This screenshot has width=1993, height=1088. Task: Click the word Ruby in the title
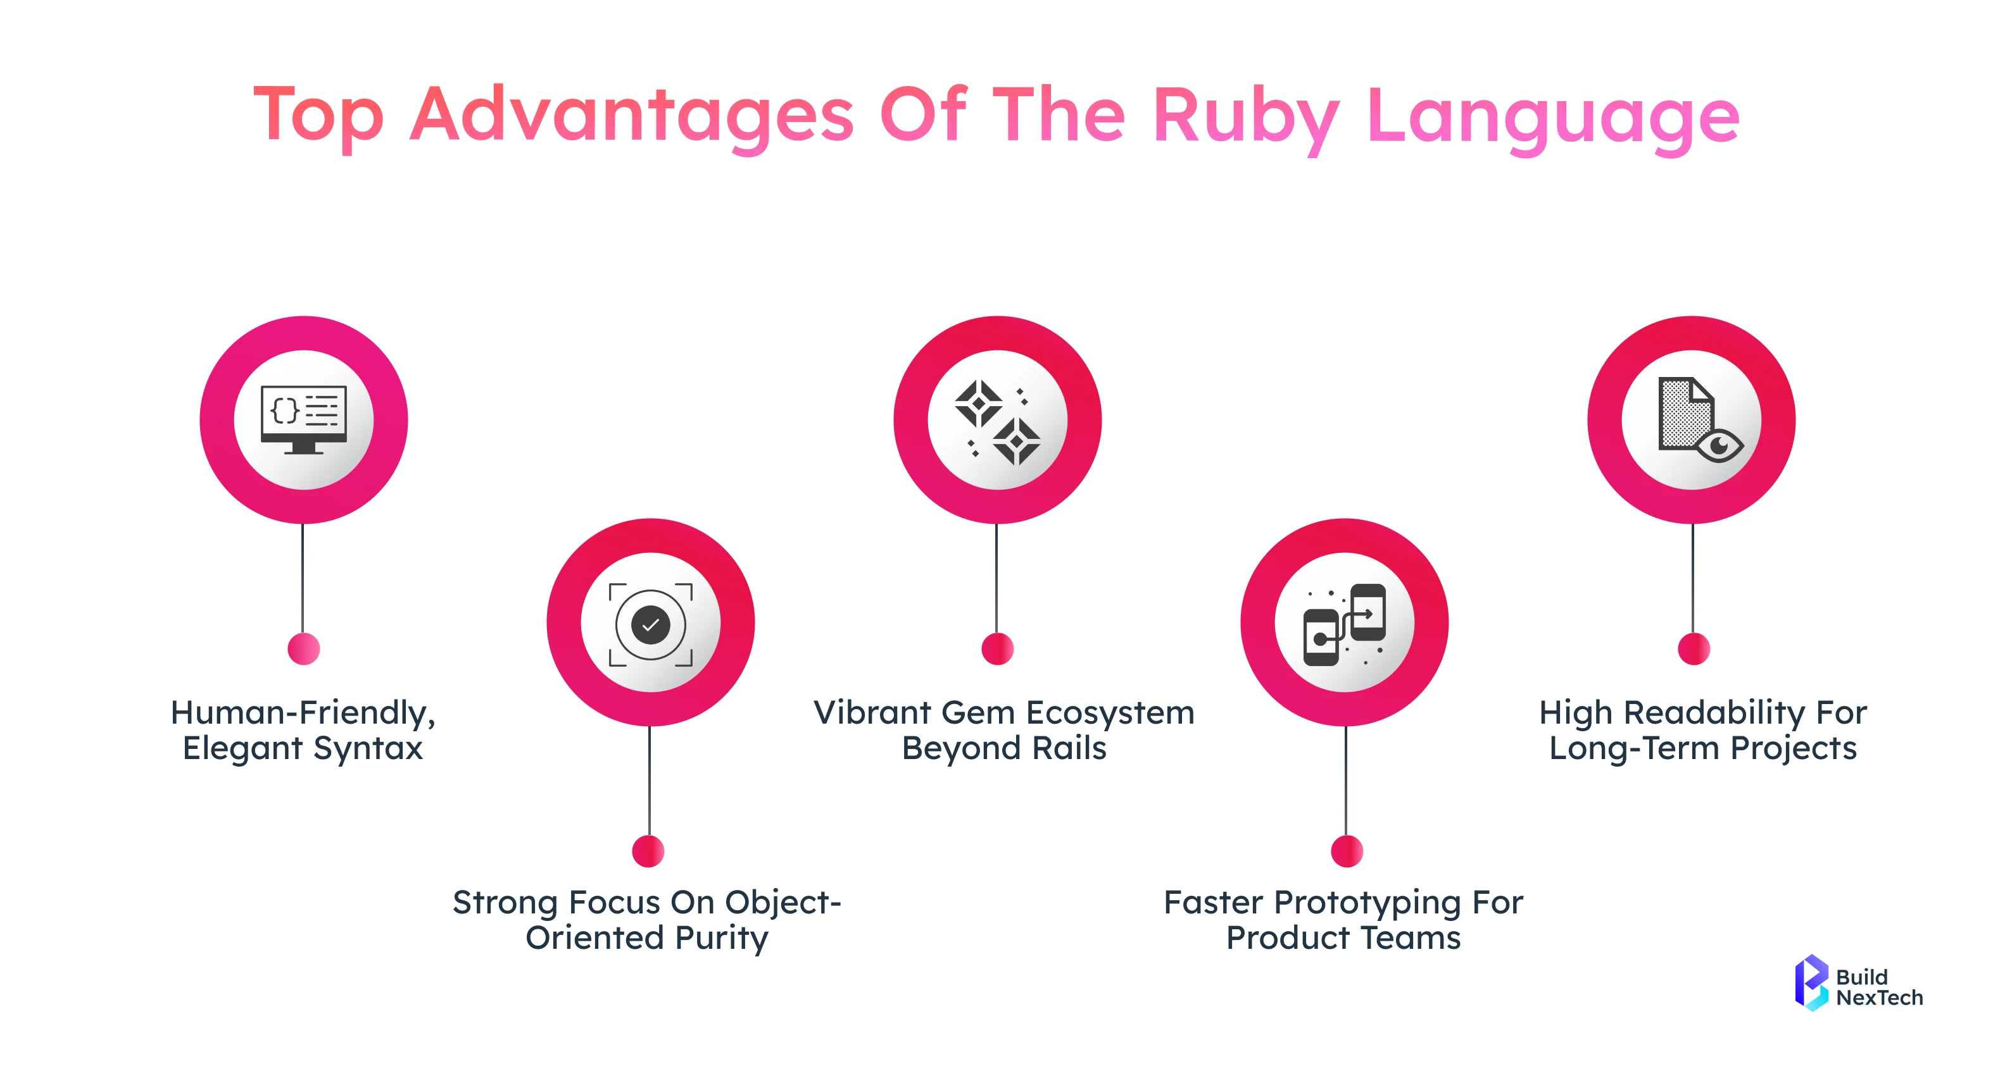1245,116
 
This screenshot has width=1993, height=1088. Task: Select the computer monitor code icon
303,419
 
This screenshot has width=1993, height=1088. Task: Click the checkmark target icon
650,623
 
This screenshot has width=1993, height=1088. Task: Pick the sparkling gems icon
997,421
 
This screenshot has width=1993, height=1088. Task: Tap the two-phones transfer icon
1344,623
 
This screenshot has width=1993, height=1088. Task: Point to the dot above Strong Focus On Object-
648,851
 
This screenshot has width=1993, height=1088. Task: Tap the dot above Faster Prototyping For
1346,851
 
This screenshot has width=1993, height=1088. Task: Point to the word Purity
721,938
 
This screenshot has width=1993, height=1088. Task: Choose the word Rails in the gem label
1069,748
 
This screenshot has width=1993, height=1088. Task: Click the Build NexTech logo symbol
1811,982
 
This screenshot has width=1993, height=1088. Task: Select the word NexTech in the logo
1878,998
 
